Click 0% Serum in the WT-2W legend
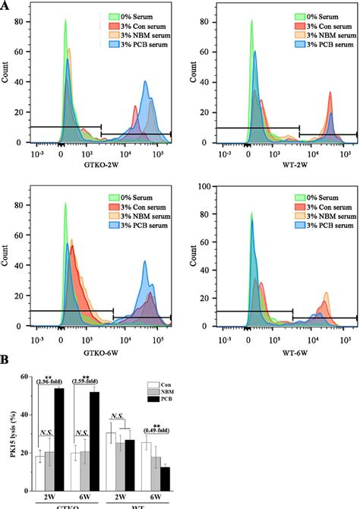(x=320, y=14)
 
